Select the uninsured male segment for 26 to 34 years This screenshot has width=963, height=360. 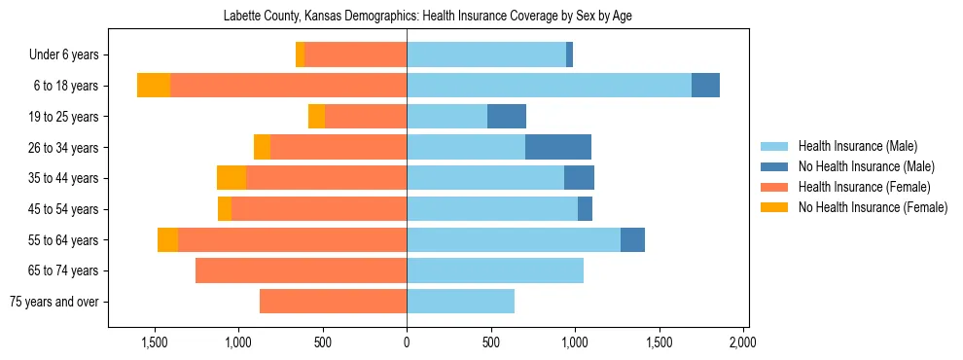[x=558, y=147]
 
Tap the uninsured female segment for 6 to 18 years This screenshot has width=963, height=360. [x=154, y=86]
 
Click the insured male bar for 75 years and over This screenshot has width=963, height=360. [x=460, y=302]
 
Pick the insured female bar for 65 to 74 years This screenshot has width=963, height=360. [x=301, y=270]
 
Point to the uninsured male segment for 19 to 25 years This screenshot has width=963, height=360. [x=507, y=117]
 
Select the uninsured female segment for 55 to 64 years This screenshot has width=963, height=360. [x=167, y=239]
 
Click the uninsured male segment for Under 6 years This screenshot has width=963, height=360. [x=569, y=54]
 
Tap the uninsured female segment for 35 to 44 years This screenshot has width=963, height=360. [x=232, y=178]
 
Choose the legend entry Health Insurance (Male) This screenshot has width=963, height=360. [x=857, y=146]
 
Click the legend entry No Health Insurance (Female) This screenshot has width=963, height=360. [x=872, y=207]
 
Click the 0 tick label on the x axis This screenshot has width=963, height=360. [x=407, y=342]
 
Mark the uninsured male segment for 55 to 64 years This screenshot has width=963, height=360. [x=632, y=239]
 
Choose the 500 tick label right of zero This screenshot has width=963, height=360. [x=491, y=342]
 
